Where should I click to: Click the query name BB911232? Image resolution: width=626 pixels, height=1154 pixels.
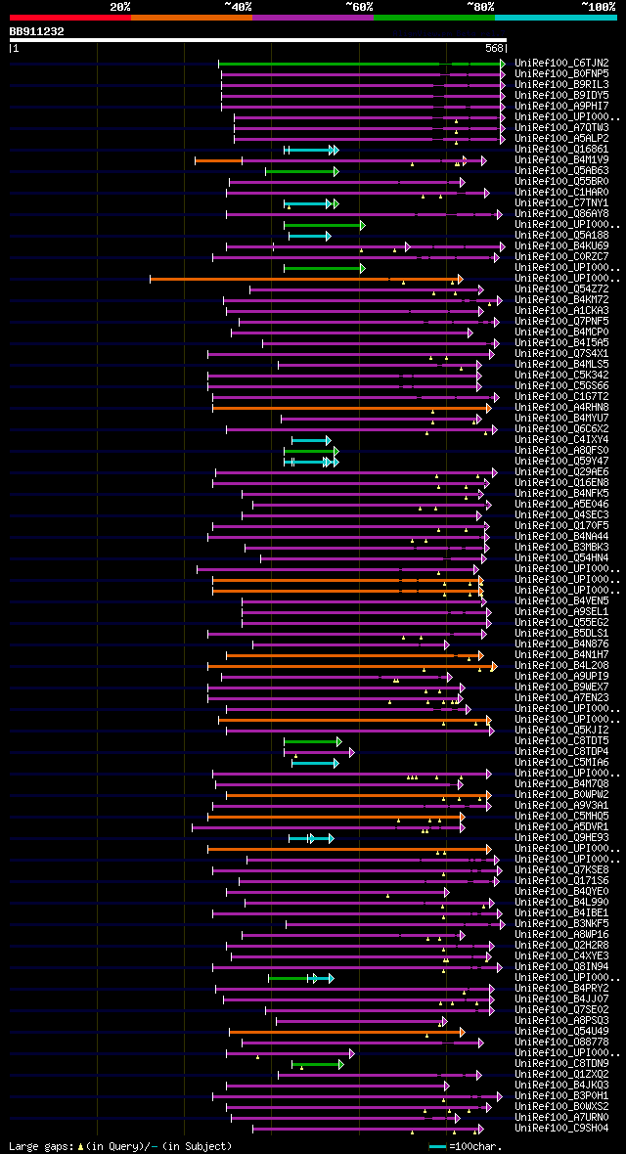(x=37, y=31)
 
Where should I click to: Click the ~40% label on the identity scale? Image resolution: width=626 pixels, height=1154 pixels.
(x=238, y=6)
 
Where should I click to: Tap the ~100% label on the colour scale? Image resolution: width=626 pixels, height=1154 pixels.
(x=598, y=6)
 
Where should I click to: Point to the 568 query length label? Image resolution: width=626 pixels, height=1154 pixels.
(x=495, y=47)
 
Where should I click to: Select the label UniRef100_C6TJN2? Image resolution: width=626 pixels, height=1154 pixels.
(x=562, y=63)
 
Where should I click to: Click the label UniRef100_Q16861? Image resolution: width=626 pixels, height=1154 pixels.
(x=562, y=149)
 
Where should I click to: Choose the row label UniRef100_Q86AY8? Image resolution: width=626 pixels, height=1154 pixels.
(x=562, y=213)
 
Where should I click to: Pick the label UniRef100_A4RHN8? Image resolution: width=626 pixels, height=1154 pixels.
(x=562, y=407)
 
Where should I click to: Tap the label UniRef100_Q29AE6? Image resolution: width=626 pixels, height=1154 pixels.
(x=562, y=471)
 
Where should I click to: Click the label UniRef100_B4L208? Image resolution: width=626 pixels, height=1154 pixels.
(x=562, y=665)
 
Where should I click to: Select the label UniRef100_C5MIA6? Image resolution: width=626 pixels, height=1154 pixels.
(x=562, y=762)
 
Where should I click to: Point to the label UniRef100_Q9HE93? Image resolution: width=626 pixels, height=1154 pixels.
(x=562, y=837)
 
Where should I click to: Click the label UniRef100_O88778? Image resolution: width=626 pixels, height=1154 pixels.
(x=562, y=1042)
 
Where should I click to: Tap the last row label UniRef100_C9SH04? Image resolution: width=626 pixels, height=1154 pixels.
(x=562, y=1128)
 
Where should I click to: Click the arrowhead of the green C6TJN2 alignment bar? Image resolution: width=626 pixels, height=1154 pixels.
(x=503, y=64)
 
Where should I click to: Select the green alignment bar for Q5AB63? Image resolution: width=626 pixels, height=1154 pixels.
(x=299, y=171)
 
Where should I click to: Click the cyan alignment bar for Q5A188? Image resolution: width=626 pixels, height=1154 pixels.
(x=308, y=236)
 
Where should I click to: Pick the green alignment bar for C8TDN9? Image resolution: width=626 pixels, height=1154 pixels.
(x=316, y=1063)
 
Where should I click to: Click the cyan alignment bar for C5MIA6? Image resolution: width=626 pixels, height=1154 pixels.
(x=313, y=762)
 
